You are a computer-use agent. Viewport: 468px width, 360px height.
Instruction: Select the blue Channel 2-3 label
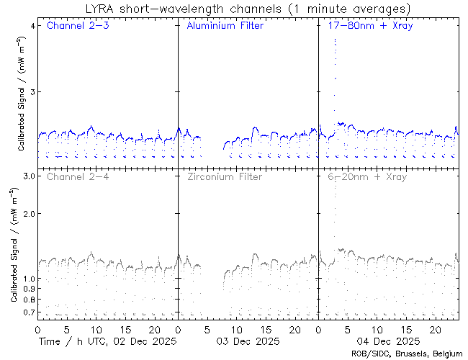point(76,26)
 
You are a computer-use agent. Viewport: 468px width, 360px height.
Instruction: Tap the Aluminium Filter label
point(225,26)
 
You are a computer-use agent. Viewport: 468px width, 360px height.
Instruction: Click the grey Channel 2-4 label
point(76,176)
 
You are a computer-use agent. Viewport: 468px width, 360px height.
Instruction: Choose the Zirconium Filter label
point(224,176)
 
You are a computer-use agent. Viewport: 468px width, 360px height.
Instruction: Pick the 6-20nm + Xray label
point(366,176)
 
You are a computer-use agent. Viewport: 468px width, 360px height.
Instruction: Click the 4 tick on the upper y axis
point(32,26)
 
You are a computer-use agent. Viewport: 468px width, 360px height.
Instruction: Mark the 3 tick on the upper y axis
point(32,92)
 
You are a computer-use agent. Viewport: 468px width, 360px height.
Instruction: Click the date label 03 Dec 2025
point(248,341)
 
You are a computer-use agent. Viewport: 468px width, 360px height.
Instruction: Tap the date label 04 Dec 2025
point(389,341)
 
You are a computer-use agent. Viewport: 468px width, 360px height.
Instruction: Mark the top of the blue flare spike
point(336,40)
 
